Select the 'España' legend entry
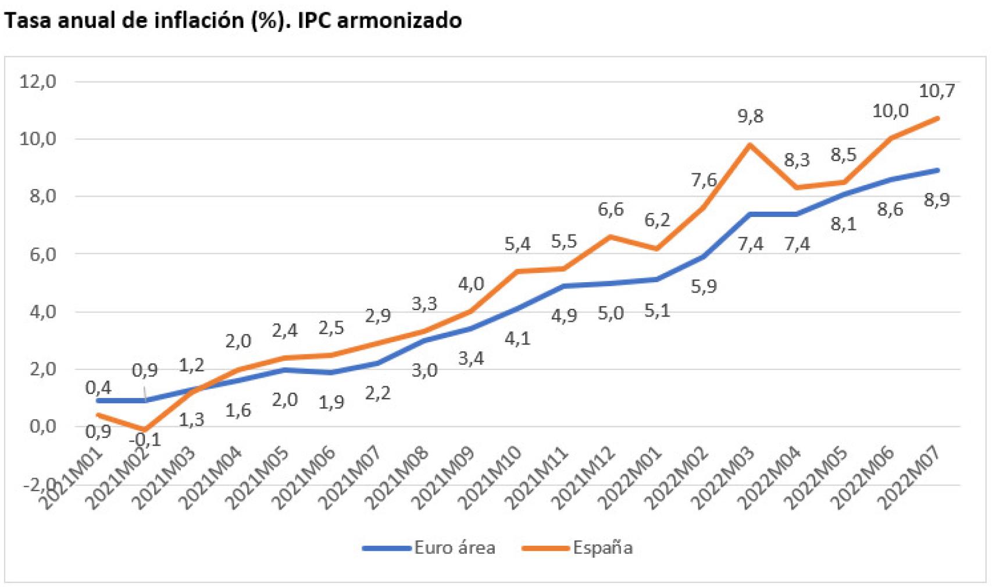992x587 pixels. click(x=602, y=547)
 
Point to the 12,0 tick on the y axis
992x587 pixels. click(x=38, y=81)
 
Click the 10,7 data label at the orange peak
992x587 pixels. click(x=937, y=91)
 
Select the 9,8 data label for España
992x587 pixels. click(x=750, y=116)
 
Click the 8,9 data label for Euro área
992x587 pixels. click(x=936, y=200)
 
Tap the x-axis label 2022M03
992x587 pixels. click(x=726, y=477)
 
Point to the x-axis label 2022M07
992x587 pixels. click(x=911, y=477)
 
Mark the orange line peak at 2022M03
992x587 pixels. click(x=750, y=144)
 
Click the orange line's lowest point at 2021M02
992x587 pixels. click(x=145, y=429)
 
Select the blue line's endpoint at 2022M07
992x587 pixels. click(x=937, y=170)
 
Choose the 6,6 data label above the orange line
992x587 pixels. click(x=611, y=209)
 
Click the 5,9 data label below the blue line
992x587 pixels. click(x=704, y=286)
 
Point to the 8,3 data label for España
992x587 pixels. click(x=797, y=160)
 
